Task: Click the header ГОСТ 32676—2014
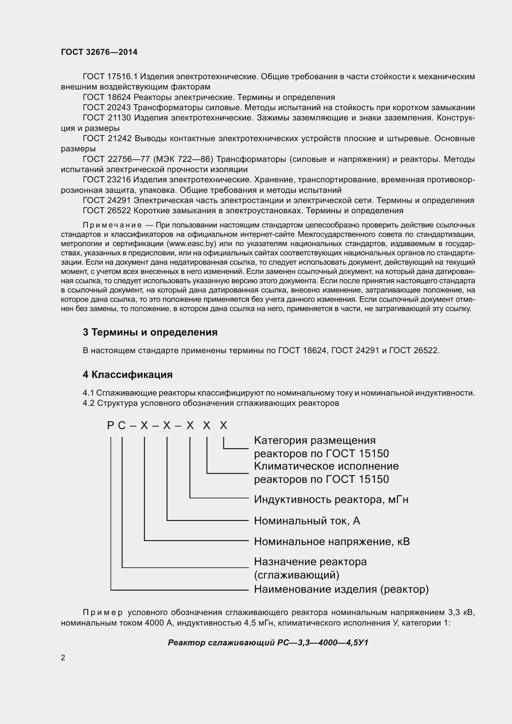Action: click(x=99, y=52)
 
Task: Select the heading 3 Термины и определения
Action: click(x=150, y=332)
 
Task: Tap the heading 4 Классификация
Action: click(x=127, y=375)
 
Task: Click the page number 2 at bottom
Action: click(x=63, y=657)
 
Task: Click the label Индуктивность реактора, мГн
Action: click(x=331, y=500)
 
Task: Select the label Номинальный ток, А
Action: click(x=307, y=521)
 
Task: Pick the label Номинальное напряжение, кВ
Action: click(x=332, y=541)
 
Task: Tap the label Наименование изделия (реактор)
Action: click(x=341, y=589)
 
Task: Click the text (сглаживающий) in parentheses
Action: click(x=296, y=575)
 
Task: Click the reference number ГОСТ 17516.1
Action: click(x=110, y=77)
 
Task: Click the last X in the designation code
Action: click(x=223, y=426)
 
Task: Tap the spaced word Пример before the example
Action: click(x=102, y=613)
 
